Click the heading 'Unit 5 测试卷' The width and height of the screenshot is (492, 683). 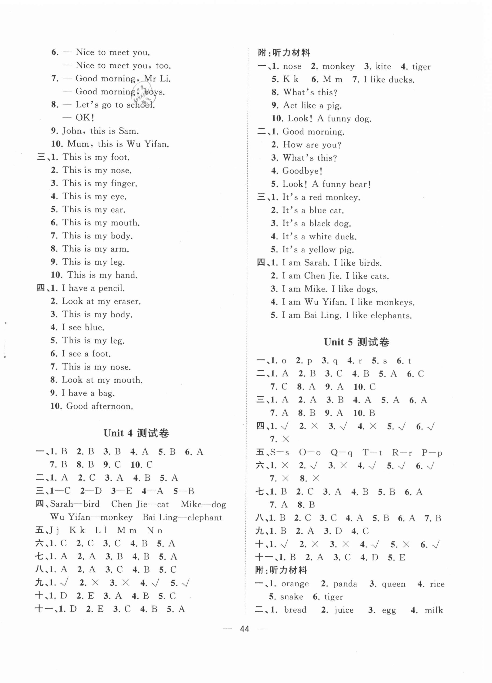coord(356,342)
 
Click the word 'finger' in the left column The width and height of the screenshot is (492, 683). coord(123,183)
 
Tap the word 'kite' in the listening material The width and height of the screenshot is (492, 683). coord(383,66)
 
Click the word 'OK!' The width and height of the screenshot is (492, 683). coord(85,117)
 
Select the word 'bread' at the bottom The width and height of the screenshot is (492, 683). coord(295,610)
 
